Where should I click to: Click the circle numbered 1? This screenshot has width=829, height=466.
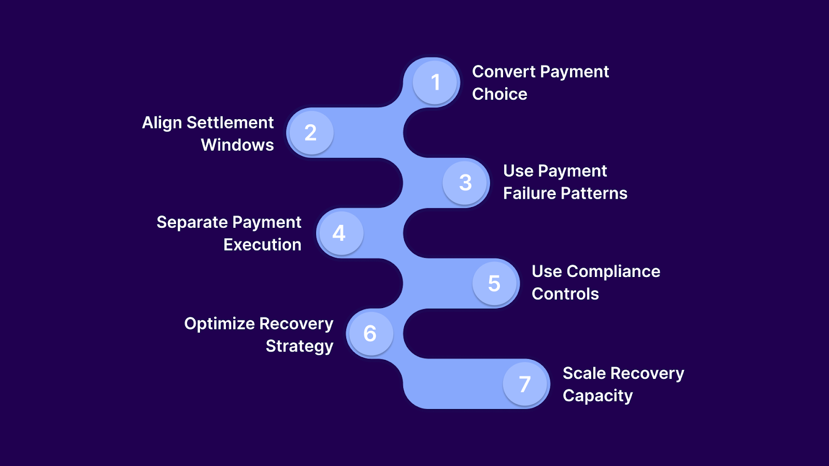(x=435, y=82)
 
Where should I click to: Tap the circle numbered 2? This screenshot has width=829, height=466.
(x=310, y=133)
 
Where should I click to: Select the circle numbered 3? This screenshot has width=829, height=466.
(x=465, y=182)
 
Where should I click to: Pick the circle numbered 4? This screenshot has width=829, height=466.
(x=339, y=233)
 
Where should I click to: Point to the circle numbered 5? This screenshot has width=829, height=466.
(x=495, y=283)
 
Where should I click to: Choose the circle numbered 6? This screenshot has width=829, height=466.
(x=369, y=333)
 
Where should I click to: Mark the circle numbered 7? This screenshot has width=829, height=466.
(x=525, y=384)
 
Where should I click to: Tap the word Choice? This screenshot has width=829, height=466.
(x=499, y=94)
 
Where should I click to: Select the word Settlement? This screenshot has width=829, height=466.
(x=230, y=123)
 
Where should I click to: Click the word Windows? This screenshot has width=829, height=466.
(x=237, y=145)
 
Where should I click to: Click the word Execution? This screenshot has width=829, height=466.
(x=262, y=245)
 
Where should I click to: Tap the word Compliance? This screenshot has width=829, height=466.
(x=613, y=272)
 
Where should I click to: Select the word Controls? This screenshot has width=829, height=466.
(x=565, y=294)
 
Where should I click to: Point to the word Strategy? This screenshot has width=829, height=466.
(x=299, y=346)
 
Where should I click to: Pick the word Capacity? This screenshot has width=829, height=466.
(x=598, y=396)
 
